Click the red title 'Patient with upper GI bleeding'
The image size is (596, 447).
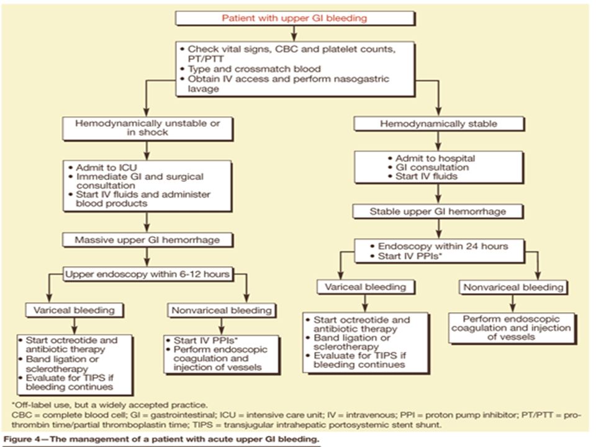click(294, 18)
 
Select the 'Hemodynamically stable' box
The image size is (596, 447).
click(439, 124)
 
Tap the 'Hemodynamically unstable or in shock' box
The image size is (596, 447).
click(148, 128)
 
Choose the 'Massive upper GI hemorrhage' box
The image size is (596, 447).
click(148, 240)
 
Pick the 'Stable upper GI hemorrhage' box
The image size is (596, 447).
click(438, 211)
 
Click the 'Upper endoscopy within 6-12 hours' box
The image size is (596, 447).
click(148, 274)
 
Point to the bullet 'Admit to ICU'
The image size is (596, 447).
click(102, 168)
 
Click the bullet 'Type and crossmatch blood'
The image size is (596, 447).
click(250, 69)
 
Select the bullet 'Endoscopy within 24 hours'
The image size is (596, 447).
click(439, 246)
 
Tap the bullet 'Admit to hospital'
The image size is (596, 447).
click(431, 158)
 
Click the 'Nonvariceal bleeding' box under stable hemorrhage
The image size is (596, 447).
click(513, 287)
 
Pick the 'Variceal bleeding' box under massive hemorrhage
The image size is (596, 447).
click(74, 310)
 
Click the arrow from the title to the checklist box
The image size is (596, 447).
click(294, 34)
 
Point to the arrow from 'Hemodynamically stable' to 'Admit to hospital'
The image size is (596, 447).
click(438, 141)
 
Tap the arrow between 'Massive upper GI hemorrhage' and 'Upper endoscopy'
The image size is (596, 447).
click(147, 257)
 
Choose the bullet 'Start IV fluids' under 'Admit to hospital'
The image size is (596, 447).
click(423, 176)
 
